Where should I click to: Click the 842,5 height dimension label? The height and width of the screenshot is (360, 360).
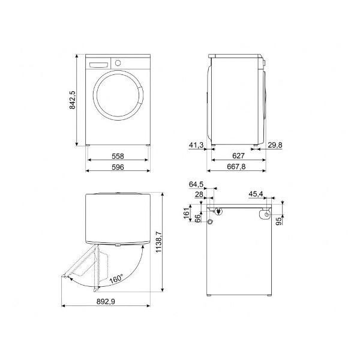click(x=73, y=100)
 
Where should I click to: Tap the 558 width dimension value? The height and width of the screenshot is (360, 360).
click(x=118, y=156)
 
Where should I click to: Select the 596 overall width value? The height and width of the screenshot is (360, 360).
click(x=118, y=167)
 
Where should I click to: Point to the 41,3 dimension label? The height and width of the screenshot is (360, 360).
click(x=196, y=145)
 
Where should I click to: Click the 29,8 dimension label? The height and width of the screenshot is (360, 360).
click(x=275, y=145)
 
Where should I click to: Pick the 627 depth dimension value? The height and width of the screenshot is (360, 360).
click(x=238, y=156)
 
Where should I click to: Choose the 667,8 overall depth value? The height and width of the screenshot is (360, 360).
click(x=236, y=166)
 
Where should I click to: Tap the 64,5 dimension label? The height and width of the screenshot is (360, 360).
click(x=196, y=184)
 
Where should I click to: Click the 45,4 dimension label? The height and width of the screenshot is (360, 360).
click(x=256, y=194)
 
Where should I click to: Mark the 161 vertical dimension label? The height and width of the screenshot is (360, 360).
click(x=187, y=213)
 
